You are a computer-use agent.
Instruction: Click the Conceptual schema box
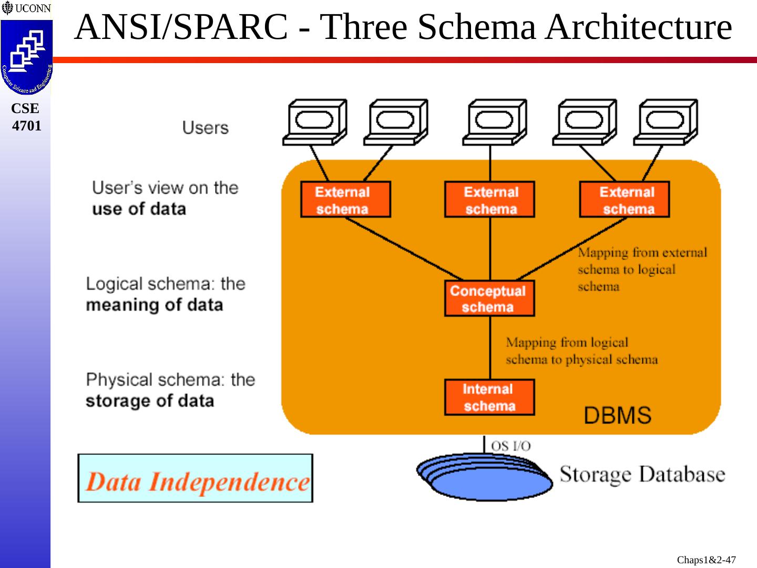coord(489,299)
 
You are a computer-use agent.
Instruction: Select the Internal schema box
coord(489,398)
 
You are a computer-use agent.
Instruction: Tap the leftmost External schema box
coord(345,199)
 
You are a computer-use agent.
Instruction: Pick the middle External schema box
coord(489,199)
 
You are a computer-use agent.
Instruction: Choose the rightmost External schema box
coord(625,199)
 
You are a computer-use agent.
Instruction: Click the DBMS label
coord(618,415)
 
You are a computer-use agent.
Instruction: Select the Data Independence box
coord(195,479)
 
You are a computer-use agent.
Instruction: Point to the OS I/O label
coord(510,446)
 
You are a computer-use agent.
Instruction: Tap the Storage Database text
coord(642,474)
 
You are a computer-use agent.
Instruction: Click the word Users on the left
coord(206,128)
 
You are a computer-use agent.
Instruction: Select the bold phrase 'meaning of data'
coord(155,305)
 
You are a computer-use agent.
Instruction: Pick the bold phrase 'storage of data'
coord(150,401)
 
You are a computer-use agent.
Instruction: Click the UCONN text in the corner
coord(33,8)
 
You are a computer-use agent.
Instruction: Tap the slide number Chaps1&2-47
coord(706,560)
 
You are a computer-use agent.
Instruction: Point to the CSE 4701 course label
coord(26,117)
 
